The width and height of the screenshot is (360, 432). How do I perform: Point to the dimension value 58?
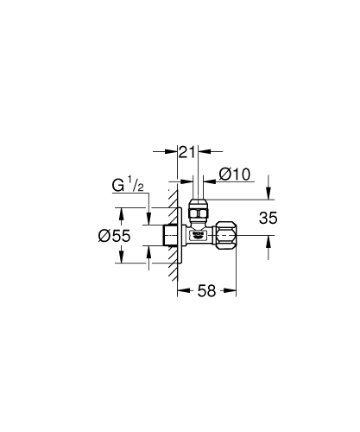(205, 292)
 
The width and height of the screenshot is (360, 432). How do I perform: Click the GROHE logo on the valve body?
(197, 234)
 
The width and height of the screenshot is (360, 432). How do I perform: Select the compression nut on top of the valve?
(198, 211)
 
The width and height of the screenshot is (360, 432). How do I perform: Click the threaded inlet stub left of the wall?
(167, 234)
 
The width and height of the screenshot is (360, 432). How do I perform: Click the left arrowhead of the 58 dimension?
(181, 292)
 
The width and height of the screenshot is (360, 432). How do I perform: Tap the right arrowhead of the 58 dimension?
(233, 292)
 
